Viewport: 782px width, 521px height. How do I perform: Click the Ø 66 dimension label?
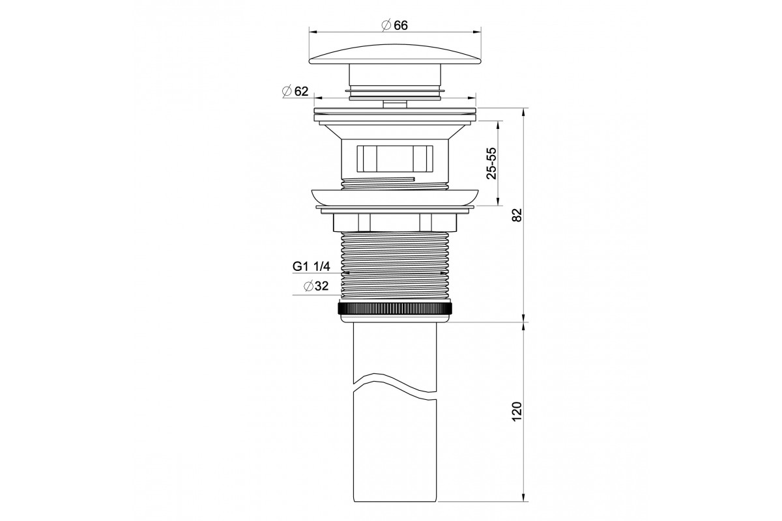[x=395, y=25]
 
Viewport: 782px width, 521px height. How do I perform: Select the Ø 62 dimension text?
[x=295, y=91]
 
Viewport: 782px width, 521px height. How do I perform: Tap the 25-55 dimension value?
[x=491, y=163]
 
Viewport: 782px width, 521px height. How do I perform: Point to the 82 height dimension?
[x=517, y=215]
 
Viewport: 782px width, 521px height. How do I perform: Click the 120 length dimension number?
[x=517, y=412]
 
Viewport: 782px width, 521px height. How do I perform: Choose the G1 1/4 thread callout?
[x=311, y=266]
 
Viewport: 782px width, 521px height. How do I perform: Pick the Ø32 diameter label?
[x=316, y=286]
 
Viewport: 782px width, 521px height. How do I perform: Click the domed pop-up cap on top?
[x=395, y=54]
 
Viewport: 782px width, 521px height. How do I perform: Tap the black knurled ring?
[x=395, y=309]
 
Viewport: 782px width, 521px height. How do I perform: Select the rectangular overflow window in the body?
[x=395, y=158]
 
